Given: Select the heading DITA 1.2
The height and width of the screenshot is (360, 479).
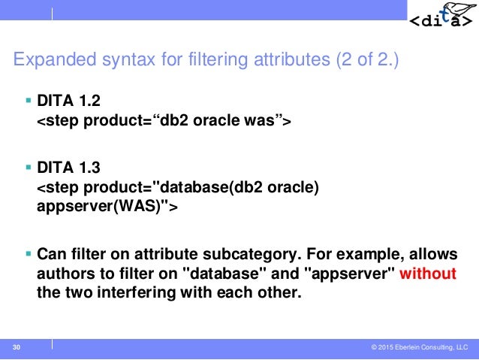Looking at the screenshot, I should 68,100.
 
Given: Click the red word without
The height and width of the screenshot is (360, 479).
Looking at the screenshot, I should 427,273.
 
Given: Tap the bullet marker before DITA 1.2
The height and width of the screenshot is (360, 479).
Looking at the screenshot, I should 29,100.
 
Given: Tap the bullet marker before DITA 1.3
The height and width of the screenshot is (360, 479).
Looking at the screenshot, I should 29,169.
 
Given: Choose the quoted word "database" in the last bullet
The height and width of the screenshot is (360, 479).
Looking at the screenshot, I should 218,273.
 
